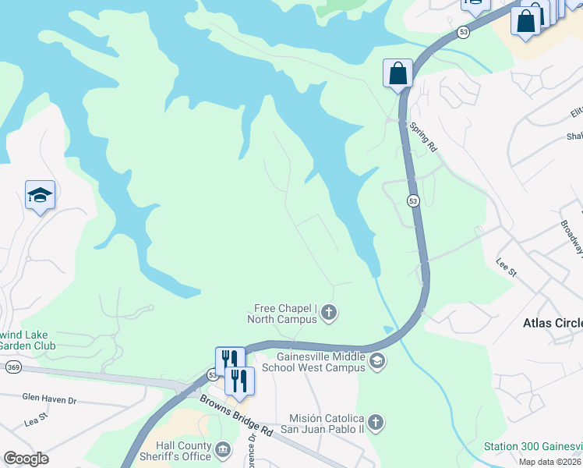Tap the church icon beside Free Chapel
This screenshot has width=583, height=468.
(329, 314)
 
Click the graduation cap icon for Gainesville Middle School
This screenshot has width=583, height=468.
(377, 360)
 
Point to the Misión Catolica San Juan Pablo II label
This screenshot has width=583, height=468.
(327, 424)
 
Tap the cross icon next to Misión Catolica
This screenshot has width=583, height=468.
(376, 423)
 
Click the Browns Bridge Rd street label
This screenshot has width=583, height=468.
(235, 415)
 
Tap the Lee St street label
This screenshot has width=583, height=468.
(507, 268)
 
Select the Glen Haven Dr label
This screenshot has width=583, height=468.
(49, 399)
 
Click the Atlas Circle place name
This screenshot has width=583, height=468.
(551, 321)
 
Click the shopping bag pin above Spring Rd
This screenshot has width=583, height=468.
(397, 74)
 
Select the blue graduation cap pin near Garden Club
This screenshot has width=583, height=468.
(40, 196)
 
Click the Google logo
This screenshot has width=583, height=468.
(26, 459)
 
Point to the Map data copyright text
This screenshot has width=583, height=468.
(549, 462)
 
